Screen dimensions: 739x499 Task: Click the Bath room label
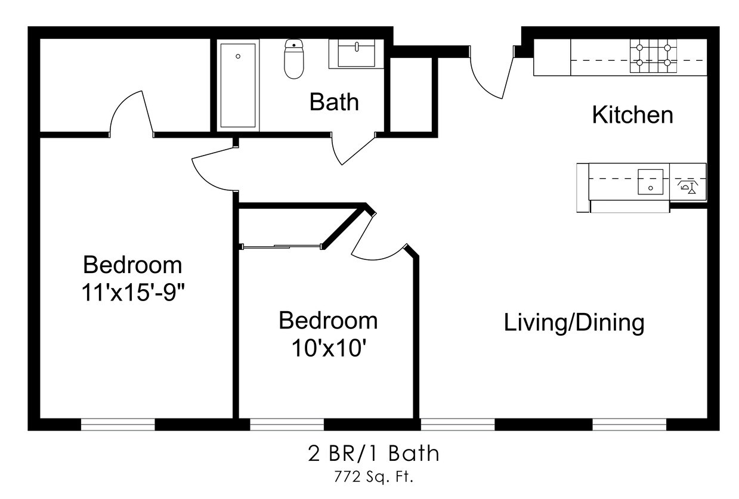334,102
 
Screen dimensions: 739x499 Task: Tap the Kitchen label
632,115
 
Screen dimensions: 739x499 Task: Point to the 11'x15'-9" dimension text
132,292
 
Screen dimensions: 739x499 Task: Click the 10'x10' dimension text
329,348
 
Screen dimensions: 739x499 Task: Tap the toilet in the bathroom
293,59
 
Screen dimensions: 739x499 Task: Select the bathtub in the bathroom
238,85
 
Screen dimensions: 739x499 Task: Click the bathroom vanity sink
356,54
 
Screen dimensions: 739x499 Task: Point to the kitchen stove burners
653,55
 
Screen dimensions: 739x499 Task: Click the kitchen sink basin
650,182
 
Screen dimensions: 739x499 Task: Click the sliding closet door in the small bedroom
282,246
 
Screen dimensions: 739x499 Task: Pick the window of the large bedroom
118,424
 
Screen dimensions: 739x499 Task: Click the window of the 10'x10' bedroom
287,424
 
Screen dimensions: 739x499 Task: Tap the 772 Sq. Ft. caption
373,477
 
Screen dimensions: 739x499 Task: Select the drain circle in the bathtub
238,57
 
